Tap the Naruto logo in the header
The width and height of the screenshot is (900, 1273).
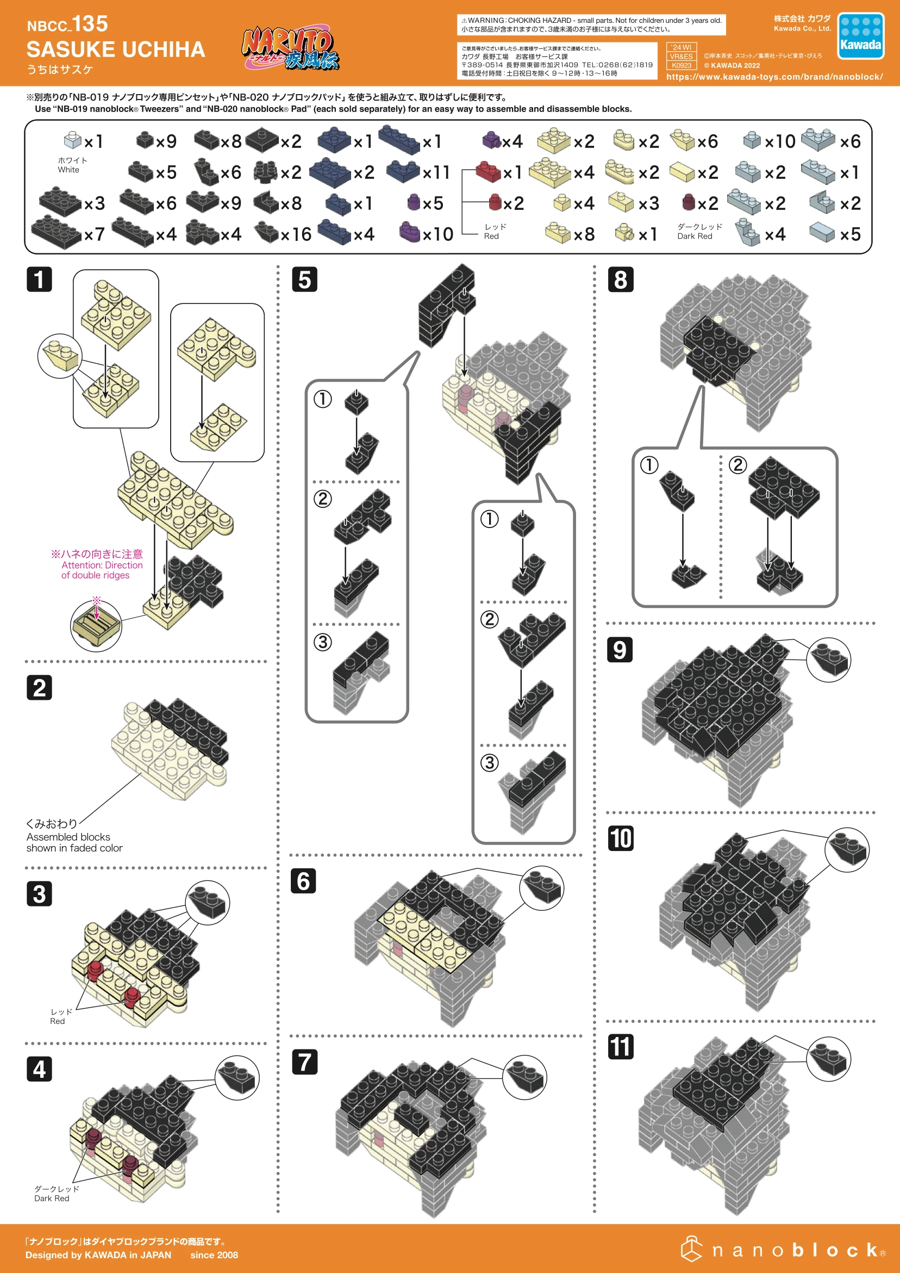(x=289, y=49)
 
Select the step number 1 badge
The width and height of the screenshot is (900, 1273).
(x=39, y=279)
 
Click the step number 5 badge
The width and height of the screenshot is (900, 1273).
(x=304, y=279)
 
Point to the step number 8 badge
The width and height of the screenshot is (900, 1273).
(x=620, y=279)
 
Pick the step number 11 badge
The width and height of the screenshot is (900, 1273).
(x=620, y=1047)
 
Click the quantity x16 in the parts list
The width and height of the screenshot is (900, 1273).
(x=296, y=234)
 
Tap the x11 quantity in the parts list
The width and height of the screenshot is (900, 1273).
(x=435, y=172)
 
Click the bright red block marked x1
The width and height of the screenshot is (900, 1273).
(x=489, y=172)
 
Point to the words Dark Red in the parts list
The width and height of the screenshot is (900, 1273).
(x=695, y=236)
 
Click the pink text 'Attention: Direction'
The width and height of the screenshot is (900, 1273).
(x=102, y=565)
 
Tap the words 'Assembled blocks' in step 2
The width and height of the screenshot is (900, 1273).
(x=68, y=837)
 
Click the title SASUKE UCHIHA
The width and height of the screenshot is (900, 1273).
(x=116, y=50)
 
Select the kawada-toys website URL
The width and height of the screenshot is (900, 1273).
(x=774, y=77)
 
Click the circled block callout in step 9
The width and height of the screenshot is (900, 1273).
(x=828, y=659)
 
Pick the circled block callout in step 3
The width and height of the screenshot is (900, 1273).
(x=207, y=903)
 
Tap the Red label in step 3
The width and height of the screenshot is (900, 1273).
(x=58, y=1021)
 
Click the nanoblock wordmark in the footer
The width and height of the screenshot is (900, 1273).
(x=783, y=1250)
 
